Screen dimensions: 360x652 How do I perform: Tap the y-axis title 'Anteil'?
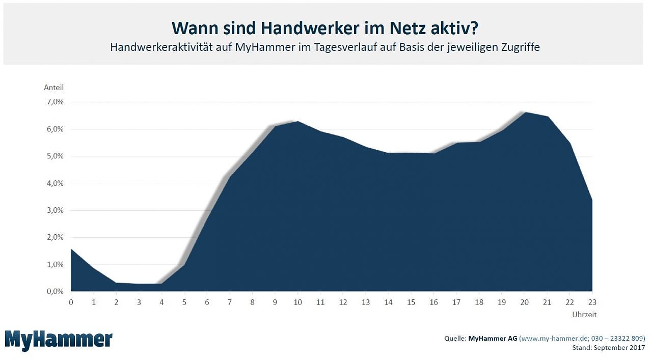(x=53, y=88)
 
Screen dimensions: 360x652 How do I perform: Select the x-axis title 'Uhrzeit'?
(x=584, y=315)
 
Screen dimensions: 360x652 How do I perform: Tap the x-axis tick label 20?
(x=525, y=302)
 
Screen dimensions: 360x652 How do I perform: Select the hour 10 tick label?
(x=298, y=302)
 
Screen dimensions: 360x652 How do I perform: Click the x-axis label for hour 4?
(x=161, y=302)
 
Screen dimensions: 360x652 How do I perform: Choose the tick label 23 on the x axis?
(x=592, y=302)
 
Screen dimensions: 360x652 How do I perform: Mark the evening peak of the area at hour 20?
(x=525, y=113)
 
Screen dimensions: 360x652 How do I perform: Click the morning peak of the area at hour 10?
(x=298, y=122)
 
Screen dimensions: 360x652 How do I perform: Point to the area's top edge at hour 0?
(x=71, y=249)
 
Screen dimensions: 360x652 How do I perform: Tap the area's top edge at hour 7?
(x=230, y=177)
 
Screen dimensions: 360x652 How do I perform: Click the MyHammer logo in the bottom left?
(x=59, y=340)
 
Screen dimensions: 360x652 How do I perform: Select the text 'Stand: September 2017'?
(x=609, y=347)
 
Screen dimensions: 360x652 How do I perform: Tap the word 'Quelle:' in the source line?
(x=455, y=338)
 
